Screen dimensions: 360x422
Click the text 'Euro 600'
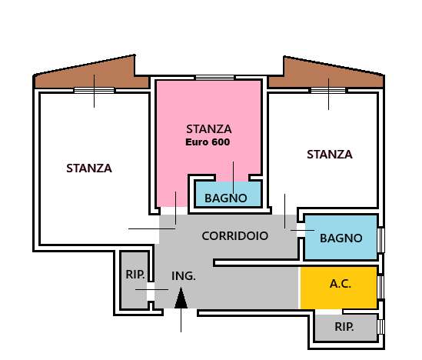[208, 142]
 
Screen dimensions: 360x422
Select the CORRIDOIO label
[235, 236]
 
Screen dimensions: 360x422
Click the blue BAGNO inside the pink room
[226, 197]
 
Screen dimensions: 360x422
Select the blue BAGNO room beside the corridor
[341, 238]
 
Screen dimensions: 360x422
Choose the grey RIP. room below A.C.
[345, 327]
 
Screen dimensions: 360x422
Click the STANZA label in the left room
[89, 168]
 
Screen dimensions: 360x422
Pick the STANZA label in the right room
[329, 154]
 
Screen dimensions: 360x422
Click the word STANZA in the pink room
[208, 128]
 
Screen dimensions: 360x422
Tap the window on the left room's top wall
[95, 90]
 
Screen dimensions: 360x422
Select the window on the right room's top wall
[330, 90]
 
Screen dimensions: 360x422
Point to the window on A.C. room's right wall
[380, 286]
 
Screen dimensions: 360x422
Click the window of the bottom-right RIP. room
[380, 327]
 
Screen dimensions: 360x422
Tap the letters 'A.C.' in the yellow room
[340, 284]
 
